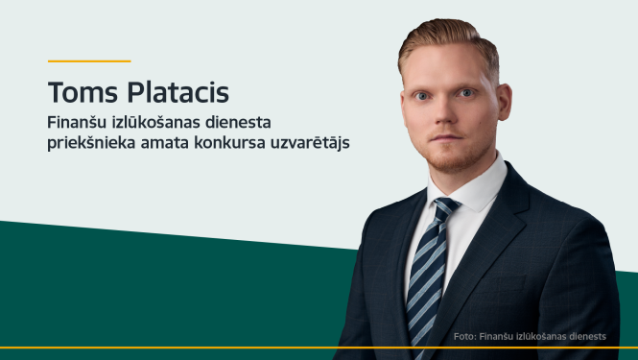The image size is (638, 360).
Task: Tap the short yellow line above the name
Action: point(88,60)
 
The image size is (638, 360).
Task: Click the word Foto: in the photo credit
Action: point(465,336)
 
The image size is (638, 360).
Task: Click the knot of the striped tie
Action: point(445,208)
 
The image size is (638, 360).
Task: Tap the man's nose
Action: point(442,112)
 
